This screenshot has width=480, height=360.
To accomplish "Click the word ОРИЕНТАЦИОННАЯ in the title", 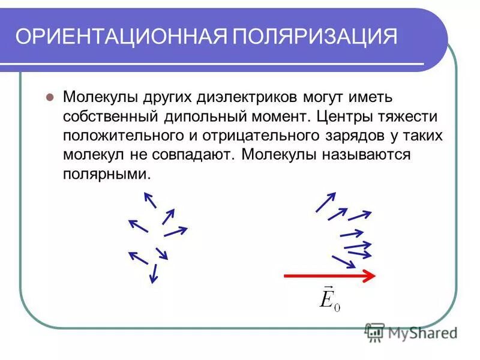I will coord(119,37).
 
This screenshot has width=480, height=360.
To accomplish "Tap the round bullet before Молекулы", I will coord(50,97).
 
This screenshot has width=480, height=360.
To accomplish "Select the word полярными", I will coord(104,175).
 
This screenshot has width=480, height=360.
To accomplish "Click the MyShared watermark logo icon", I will coord(375,332).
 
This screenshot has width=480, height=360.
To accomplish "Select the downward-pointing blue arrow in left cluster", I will coord(154,273).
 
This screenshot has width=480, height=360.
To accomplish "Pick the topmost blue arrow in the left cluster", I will coord(149,199).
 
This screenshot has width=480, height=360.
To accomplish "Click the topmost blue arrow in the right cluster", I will coord(326,202).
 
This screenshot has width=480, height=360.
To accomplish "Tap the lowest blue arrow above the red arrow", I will coord(344,262).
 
